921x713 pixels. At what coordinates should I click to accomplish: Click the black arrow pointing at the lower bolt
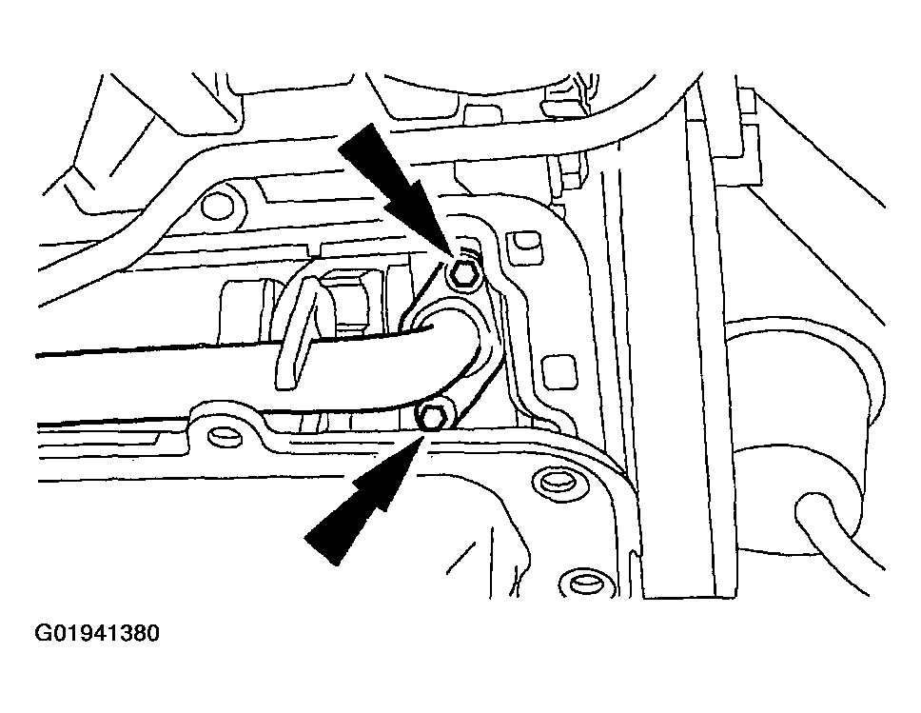(364, 500)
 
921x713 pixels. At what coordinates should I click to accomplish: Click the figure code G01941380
(97, 633)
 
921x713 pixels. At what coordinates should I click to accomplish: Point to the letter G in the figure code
(43, 633)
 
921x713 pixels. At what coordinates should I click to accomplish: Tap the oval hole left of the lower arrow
(224, 436)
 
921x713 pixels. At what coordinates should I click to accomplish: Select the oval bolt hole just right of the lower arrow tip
(556, 481)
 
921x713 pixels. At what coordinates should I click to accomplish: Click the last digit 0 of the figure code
(153, 633)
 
